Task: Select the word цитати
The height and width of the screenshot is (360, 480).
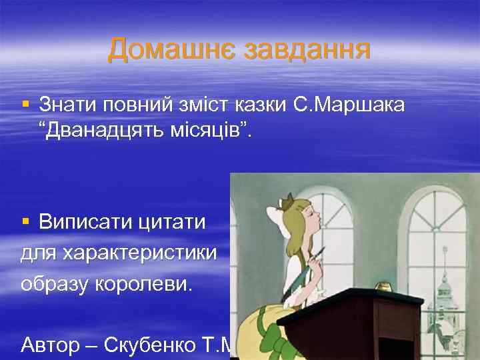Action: [173, 221]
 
